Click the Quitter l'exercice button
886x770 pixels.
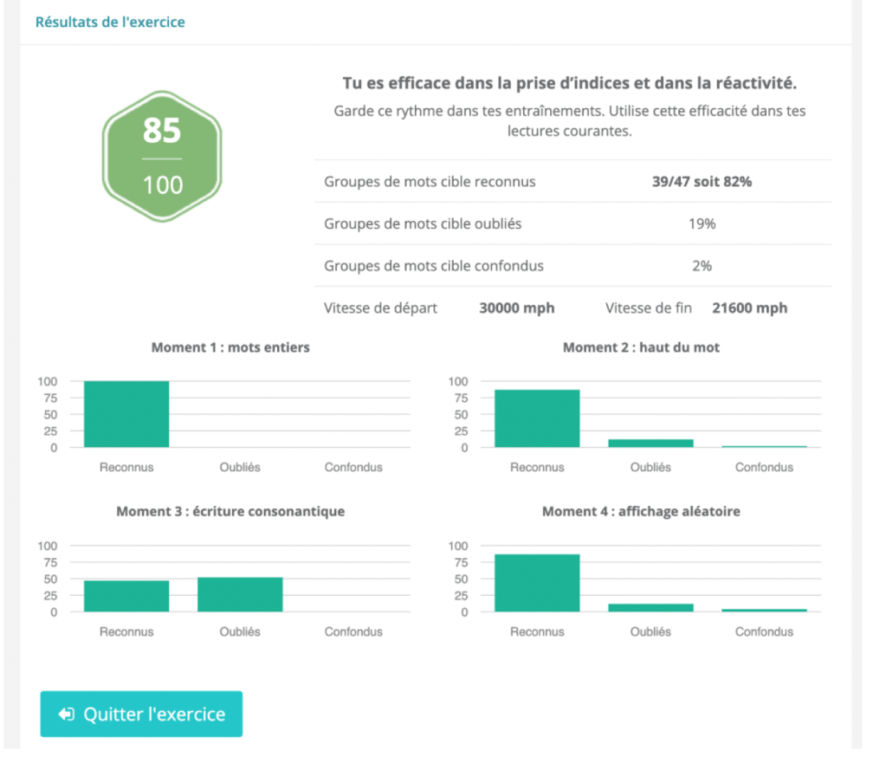tap(141, 715)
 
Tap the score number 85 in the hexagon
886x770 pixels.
tap(162, 132)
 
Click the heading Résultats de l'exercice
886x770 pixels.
tap(110, 22)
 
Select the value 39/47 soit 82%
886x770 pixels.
tap(702, 182)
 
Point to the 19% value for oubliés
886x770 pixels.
tap(702, 223)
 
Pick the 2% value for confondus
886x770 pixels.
tap(702, 266)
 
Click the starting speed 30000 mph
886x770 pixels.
tap(517, 307)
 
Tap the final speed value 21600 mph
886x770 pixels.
tap(749, 307)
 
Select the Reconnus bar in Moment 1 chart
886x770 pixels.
tap(126, 414)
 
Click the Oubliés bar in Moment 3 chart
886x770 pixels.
tap(240, 594)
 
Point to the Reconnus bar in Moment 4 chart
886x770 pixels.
tap(537, 583)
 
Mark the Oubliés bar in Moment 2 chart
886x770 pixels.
tap(650, 443)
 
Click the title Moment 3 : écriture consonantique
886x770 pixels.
tap(230, 511)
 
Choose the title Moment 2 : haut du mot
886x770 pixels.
tap(641, 347)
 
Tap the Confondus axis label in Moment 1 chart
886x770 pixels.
tap(353, 467)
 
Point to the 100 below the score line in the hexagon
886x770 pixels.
tap(162, 184)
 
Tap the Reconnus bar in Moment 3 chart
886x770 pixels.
tap(126, 596)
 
